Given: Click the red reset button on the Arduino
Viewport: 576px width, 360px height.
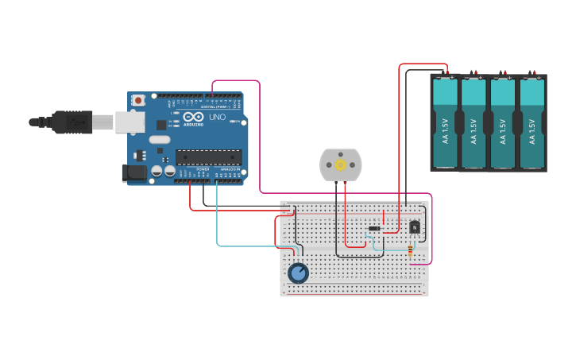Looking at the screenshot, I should [x=139, y=100].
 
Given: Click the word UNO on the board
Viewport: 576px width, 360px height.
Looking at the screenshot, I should [x=217, y=118].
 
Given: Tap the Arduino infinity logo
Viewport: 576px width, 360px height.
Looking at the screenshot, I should [x=193, y=117].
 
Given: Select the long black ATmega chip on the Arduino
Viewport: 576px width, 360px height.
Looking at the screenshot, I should [x=208, y=158].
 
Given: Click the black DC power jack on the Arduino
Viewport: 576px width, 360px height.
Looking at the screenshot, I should [x=134, y=172].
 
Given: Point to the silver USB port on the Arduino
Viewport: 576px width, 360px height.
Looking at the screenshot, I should [x=130, y=122].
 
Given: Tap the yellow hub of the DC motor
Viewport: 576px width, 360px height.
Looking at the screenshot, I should [x=341, y=165].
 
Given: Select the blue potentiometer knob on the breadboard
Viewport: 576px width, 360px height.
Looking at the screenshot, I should [x=298, y=273].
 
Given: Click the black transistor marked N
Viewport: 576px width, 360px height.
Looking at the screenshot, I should [x=415, y=227].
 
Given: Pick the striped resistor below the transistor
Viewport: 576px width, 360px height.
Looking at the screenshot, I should [x=410, y=252].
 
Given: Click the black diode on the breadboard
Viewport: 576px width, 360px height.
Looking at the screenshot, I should [x=374, y=229].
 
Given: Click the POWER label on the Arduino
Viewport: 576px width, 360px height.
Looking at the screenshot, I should [x=203, y=169].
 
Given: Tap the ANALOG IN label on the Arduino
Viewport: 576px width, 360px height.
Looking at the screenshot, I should [x=230, y=169].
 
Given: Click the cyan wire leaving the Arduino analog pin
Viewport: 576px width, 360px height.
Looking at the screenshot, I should [x=218, y=223].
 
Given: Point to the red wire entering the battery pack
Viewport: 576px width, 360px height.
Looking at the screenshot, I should [x=400, y=119].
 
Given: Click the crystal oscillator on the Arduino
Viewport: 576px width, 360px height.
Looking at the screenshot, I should [x=160, y=140].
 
